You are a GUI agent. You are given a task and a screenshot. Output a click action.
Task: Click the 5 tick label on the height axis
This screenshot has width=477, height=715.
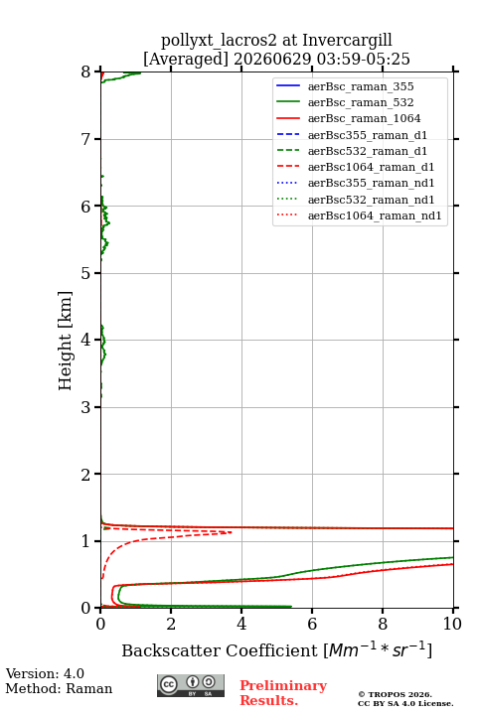pyautogui.click(x=86, y=273)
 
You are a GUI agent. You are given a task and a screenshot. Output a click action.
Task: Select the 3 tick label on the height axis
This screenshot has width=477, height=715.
pyautogui.click(x=86, y=407)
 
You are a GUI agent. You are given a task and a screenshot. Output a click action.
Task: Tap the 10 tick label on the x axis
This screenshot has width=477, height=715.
pyautogui.click(x=452, y=624)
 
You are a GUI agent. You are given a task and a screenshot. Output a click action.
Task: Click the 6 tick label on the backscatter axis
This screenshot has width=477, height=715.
pyautogui.click(x=312, y=624)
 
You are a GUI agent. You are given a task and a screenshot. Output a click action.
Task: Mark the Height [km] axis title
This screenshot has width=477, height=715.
pyautogui.click(x=66, y=341)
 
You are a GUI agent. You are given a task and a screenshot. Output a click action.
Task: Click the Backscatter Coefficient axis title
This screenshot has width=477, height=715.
pyautogui.click(x=276, y=649)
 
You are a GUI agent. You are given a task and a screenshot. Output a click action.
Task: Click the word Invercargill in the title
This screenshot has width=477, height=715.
pyautogui.click(x=347, y=40)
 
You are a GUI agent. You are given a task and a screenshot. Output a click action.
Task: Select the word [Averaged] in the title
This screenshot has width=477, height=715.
pyautogui.click(x=185, y=59)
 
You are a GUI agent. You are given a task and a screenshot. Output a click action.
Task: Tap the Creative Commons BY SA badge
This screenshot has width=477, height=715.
pyautogui.click(x=191, y=685)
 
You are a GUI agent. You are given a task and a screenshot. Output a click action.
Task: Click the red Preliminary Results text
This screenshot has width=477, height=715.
pyautogui.click(x=283, y=693)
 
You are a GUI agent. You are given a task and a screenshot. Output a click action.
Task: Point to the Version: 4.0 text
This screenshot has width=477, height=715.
pyautogui.click(x=45, y=673)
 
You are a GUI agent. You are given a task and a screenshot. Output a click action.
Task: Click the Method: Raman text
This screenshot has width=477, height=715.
pyautogui.click(x=59, y=688)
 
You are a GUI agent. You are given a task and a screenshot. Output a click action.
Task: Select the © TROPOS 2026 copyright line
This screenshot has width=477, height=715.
pyautogui.click(x=395, y=694)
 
